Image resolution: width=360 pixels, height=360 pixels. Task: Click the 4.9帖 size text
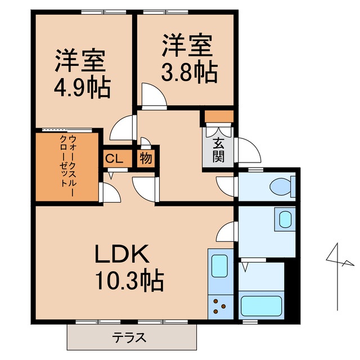coord(82,88)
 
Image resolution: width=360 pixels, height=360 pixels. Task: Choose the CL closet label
coord(114,159)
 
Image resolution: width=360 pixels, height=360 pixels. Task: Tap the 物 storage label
coord(146,159)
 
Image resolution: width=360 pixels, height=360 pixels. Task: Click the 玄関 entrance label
coord(218,149)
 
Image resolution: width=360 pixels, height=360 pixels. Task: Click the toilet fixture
coord(281,185)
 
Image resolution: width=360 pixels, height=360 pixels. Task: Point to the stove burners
coord(219,308)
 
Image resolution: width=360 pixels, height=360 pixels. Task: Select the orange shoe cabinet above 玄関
coord(218,116)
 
